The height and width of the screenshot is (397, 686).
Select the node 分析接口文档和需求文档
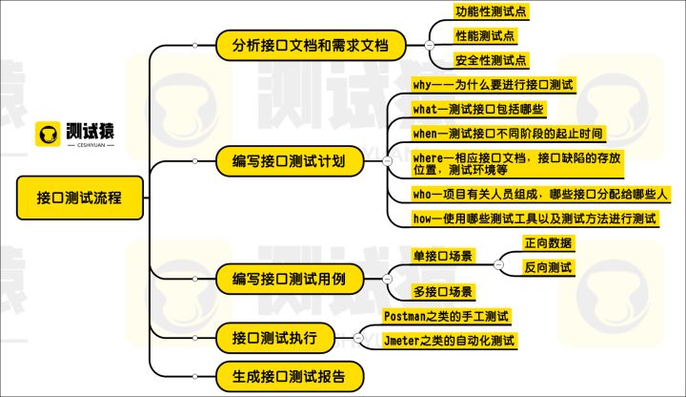point(309,45)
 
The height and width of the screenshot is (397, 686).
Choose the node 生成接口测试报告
point(289,373)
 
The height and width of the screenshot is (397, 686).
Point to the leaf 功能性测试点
point(491,12)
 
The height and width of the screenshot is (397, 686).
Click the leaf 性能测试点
point(484,37)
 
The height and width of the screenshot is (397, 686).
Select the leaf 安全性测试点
point(491,61)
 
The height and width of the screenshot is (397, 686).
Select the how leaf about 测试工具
point(535,219)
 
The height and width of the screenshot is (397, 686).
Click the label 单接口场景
point(443,256)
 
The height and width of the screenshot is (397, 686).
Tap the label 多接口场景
point(443,291)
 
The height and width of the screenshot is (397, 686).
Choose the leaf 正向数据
point(549,242)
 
